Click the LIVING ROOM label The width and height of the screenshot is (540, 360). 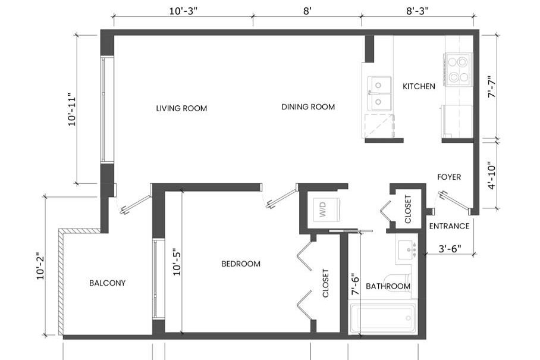181,108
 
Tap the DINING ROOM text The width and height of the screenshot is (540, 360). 308,107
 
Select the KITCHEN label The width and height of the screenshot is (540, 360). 419,86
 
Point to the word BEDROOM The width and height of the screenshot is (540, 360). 241,264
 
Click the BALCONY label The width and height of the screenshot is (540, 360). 107,283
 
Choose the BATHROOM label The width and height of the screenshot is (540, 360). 388,286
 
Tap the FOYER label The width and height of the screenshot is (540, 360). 449,177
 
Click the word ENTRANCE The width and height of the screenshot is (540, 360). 449,226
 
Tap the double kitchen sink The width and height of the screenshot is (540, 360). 379,93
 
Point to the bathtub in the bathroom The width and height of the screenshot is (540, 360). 382,319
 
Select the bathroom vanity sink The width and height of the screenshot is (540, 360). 407,249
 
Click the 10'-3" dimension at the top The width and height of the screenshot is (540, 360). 183,11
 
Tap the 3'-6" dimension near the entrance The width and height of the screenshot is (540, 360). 450,248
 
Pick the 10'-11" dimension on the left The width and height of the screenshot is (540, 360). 72,109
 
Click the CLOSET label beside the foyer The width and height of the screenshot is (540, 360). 408,209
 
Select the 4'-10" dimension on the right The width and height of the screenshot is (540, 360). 492,176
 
